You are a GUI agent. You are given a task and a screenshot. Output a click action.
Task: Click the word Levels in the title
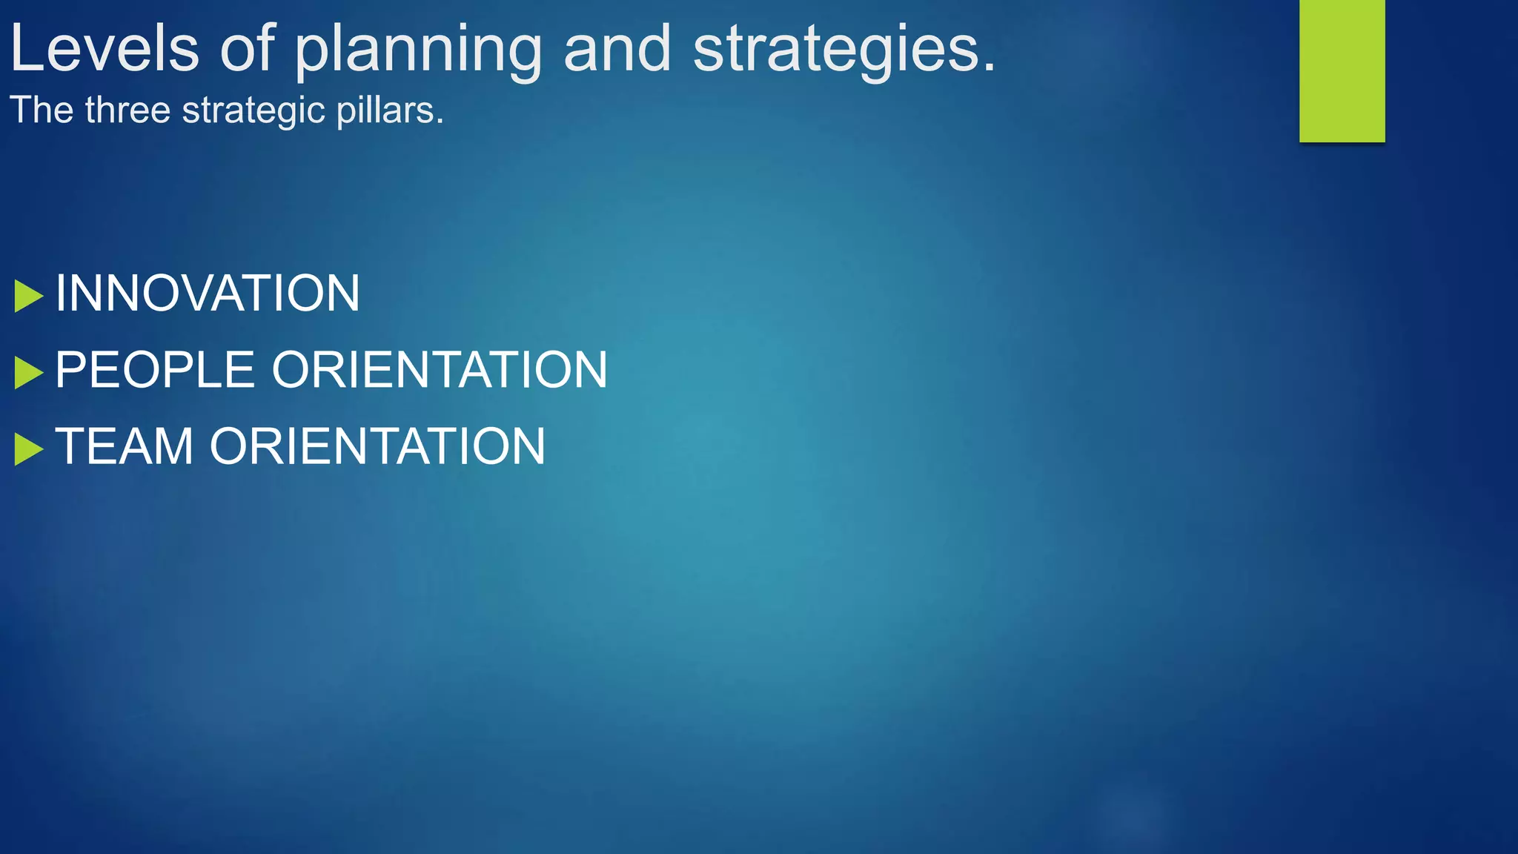105,49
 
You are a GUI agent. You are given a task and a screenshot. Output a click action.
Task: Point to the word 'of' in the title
248,49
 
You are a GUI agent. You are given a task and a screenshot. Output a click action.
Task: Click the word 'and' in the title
617,49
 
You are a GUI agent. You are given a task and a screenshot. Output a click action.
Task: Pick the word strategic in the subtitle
253,111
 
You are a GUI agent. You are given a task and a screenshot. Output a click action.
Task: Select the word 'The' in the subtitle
42,110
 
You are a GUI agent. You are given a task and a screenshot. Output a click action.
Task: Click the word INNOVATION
208,294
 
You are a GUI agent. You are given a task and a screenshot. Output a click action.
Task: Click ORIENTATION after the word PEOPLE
440,370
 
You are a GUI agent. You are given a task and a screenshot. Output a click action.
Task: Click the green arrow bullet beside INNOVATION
28,297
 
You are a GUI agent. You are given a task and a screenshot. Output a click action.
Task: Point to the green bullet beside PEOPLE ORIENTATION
28,373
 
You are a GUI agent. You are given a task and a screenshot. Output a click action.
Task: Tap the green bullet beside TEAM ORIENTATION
28,449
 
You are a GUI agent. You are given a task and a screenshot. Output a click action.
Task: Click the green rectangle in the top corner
1342,70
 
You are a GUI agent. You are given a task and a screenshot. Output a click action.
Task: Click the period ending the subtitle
440,122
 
